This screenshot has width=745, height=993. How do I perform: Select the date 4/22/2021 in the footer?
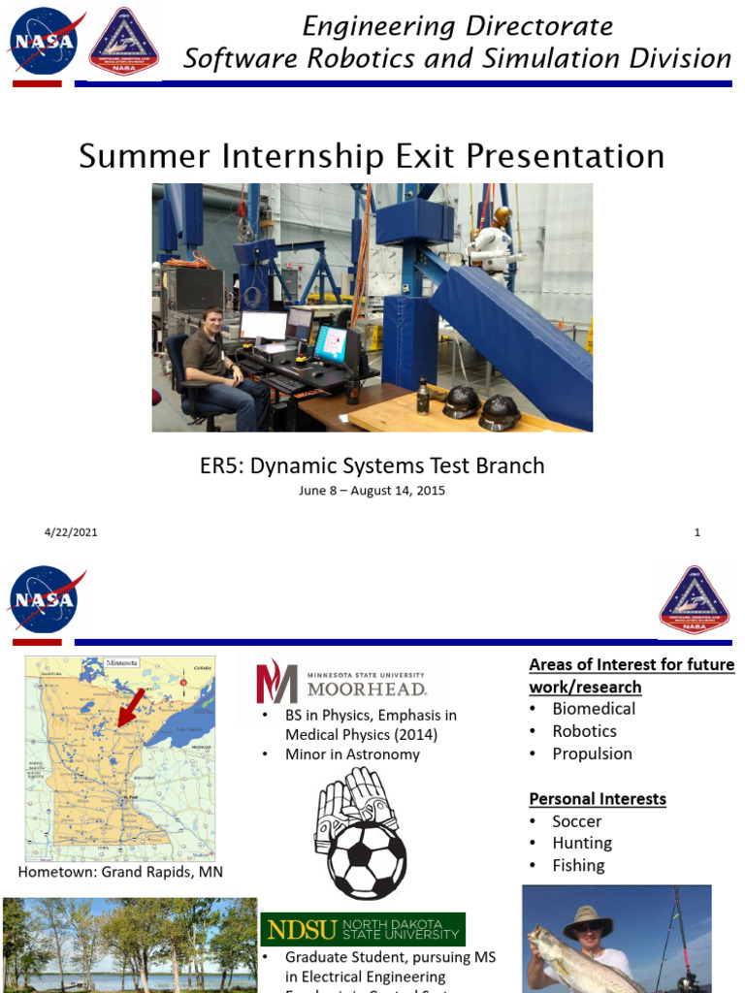point(71,532)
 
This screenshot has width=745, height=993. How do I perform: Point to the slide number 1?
point(696,532)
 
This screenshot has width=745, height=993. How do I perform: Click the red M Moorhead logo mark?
point(275,682)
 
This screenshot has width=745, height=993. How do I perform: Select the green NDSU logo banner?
point(362,929)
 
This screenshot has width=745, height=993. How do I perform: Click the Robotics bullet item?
point(584,731)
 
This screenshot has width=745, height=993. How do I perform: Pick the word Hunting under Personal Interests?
point(582,844)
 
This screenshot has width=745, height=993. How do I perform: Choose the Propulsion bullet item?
point(592,753)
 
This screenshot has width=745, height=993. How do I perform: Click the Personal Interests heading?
point(598,799)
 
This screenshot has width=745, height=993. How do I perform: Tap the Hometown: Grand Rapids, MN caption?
point(120,872)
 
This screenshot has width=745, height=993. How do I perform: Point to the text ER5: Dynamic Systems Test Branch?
point(372,465)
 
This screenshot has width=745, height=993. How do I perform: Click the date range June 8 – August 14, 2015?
point(372,491)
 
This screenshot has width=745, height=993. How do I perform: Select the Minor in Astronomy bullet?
point(352,754)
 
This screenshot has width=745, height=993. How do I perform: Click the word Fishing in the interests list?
point(578,866)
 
